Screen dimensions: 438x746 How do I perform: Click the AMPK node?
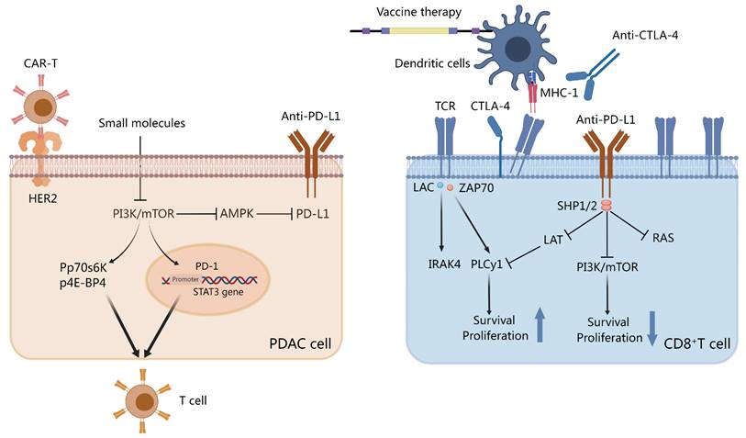pyautogui.click(x=239, y=214)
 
